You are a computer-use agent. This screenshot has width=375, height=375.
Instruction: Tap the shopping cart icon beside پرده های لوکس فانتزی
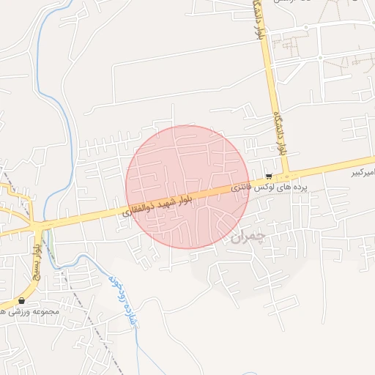coord(270,177)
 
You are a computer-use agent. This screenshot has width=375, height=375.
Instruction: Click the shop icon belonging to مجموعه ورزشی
coord(21,301)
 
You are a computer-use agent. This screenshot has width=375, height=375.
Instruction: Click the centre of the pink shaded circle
coord(187,187)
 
